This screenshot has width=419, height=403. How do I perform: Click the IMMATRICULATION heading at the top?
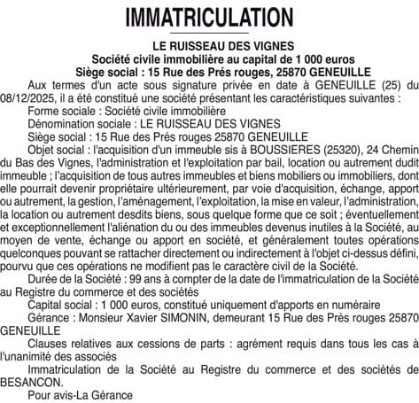tap(209, 17)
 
